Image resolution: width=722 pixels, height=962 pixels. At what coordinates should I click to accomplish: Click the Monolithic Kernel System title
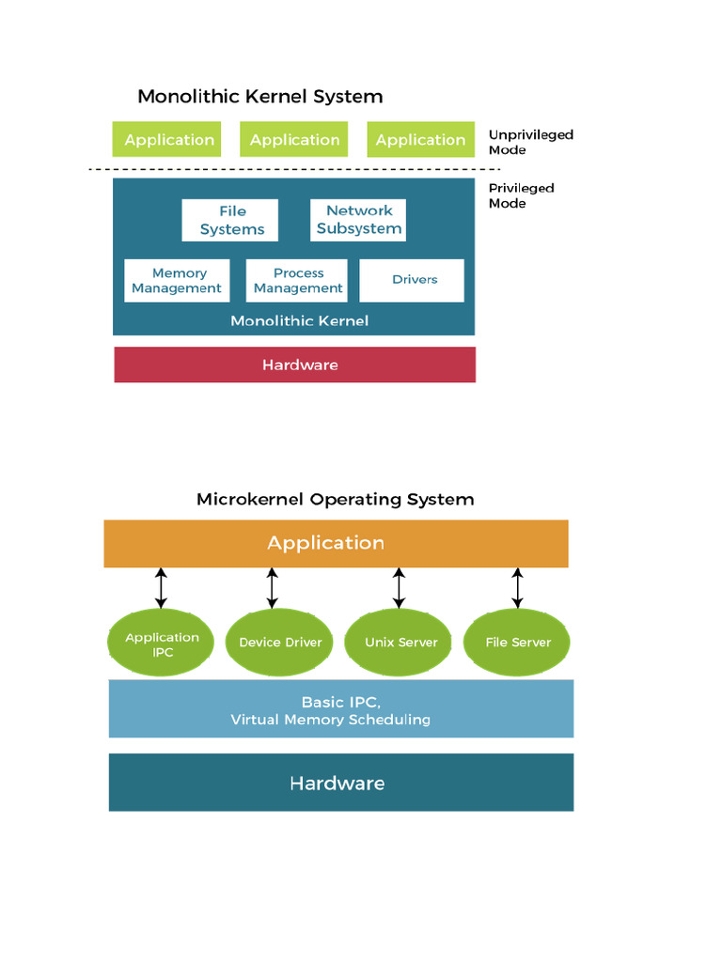point(260,96)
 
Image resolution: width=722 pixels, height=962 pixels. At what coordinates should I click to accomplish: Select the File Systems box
point(230,220)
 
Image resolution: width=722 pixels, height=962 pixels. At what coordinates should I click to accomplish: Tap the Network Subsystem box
point(358,220)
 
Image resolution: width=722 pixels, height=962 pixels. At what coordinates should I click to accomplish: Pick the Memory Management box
point(177,281)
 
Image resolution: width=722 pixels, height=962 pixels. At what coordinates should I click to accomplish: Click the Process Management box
point(297,281)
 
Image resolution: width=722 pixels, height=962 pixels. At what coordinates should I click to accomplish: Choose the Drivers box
point(414,280)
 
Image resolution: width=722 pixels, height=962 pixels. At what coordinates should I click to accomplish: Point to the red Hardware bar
point(295,365)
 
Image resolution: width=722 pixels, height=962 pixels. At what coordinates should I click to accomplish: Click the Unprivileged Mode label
point(530,142)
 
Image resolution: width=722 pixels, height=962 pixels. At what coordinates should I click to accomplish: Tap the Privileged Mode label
point(521,195)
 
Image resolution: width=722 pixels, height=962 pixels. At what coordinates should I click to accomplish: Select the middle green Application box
point(294,140)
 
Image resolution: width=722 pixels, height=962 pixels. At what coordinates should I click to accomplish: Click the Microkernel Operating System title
point(335,499)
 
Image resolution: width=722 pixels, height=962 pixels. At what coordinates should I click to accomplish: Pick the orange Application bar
point(336,543)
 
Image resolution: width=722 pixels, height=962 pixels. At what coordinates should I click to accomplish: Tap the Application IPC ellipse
point(163,644)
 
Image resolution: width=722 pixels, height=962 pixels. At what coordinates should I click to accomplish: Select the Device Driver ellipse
point(280,643)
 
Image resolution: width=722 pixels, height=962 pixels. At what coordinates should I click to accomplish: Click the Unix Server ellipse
point(401,643)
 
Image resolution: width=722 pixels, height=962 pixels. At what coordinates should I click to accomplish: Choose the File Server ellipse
point(518,643)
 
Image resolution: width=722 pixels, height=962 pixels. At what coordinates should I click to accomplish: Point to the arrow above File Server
point(517,587)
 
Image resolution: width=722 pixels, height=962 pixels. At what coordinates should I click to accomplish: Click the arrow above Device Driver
point(273,587)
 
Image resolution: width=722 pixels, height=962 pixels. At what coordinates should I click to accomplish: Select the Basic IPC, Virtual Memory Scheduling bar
point(340,710)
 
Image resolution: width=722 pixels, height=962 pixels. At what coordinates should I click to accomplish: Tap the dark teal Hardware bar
point(340,783)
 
